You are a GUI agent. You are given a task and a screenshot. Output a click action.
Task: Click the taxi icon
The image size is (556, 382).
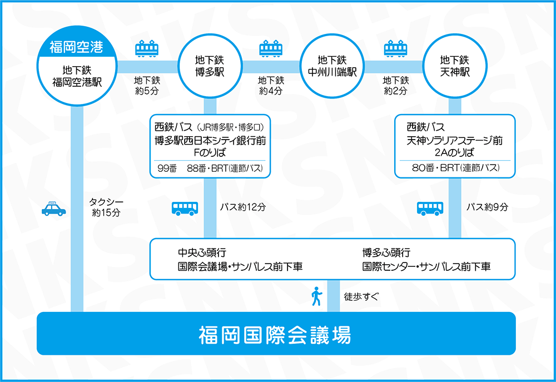point(53,209)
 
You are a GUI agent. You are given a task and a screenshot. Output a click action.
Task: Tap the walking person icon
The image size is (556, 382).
point(316,296)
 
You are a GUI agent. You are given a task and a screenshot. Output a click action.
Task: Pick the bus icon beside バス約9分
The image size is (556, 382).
point(430,208)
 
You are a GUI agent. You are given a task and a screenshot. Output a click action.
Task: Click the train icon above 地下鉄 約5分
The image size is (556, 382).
point(147,49)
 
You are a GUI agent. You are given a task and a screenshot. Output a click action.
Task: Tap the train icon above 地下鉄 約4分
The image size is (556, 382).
point(271,49)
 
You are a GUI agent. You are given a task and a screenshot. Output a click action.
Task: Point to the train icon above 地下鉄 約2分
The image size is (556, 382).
point(395,49)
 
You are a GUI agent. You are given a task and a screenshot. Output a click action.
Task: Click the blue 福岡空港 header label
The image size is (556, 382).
point(76,46)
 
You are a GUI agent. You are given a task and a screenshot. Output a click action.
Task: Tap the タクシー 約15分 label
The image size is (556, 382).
point(106,207)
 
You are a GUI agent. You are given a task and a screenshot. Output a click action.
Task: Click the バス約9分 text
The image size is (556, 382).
point(487,207)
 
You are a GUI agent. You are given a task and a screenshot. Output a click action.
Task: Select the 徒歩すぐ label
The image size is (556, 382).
point(361,296)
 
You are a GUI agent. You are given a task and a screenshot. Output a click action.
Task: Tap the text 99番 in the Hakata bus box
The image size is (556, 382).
point(167,168)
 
